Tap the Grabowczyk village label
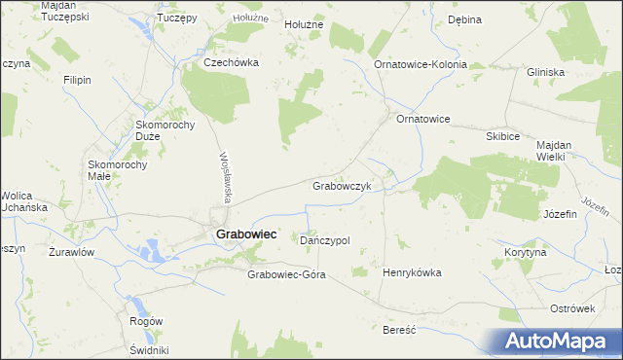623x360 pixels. pos(342,185)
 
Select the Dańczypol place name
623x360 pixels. pos(325,239)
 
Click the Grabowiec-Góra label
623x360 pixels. pos(286,274)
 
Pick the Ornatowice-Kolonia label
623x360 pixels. pos(421,64)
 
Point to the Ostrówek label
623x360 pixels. pos(571,308)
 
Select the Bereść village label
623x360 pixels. pos(400,330)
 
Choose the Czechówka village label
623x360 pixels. pos(231,61)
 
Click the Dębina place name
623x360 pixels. pos(464,19)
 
